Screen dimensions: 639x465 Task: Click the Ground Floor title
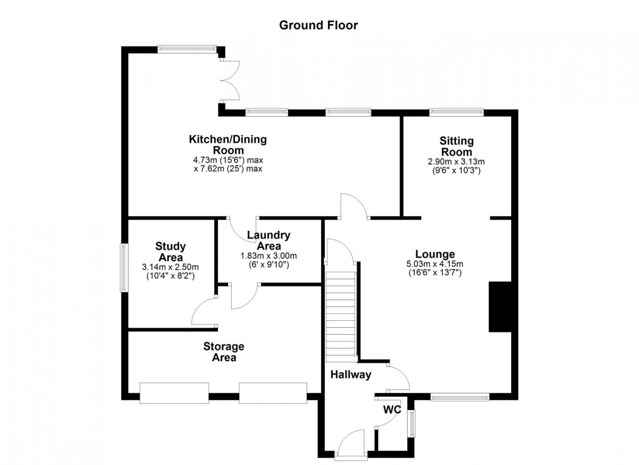[318, 26]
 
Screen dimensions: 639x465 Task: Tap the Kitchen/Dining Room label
[228, 145]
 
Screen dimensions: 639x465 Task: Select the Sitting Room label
[457, 146]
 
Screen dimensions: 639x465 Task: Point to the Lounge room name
[435, 254]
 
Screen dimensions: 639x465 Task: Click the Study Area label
[171, 251]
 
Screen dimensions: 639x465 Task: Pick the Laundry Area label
[268, 240]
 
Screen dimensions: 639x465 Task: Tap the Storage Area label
[224, 352]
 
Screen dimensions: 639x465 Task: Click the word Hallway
[351, 374]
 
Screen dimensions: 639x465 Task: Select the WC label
[392, 409]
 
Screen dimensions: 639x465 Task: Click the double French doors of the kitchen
[230, 81]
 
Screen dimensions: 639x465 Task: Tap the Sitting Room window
[457, 112]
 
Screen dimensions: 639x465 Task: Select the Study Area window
[124, 268]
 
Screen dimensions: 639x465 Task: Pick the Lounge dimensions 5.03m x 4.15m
[435, 264]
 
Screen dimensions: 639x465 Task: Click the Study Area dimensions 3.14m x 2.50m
[170, 267]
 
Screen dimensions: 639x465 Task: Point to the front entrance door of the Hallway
[351, 446]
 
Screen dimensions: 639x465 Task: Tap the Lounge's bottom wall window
[460, 397]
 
